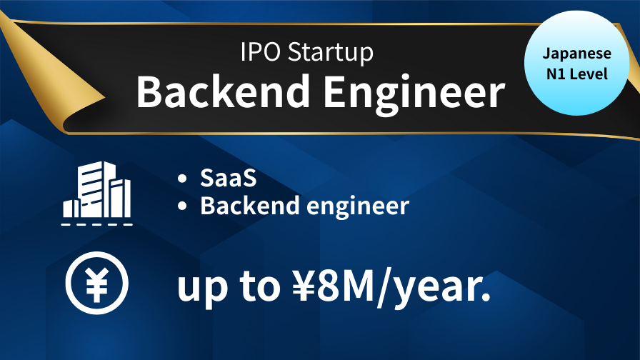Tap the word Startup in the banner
pos(331,53)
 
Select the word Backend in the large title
pos(223,91)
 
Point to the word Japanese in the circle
pos(576,54)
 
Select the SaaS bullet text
pos(228,178)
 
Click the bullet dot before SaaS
pos(182,179)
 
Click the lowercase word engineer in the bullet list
pos(358,207)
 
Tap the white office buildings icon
pos(96,189)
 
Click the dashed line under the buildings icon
pos(96,224)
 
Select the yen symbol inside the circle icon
pos(96,284)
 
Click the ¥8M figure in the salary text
pos(334,286)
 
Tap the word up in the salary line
pos(202,290)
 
